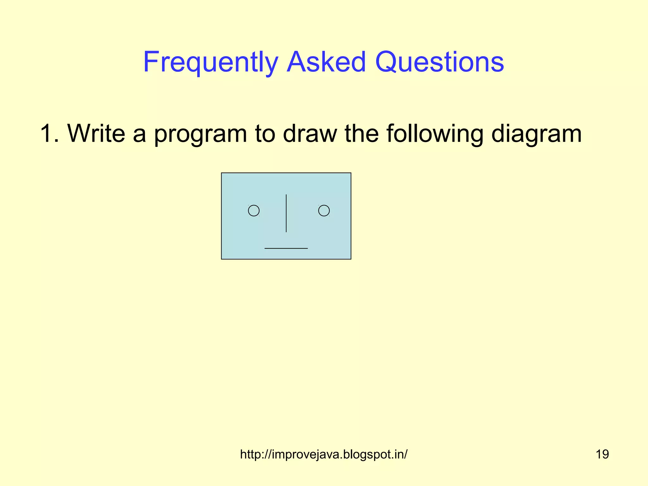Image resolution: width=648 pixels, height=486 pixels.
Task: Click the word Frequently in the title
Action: point(210,62)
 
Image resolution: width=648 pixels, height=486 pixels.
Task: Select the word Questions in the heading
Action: point(439,62)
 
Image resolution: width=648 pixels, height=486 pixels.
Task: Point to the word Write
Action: point(96,133)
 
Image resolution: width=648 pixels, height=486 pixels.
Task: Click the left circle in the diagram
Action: point(254,211)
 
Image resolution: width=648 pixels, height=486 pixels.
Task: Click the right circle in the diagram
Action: point(324,211)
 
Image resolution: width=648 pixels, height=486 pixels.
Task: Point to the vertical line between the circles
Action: point(286,213)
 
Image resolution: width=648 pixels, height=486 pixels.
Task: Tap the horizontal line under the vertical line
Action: point(286,248)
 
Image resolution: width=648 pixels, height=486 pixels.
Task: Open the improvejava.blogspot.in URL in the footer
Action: point(324,454)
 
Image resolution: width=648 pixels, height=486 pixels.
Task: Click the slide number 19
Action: point(602,454)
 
